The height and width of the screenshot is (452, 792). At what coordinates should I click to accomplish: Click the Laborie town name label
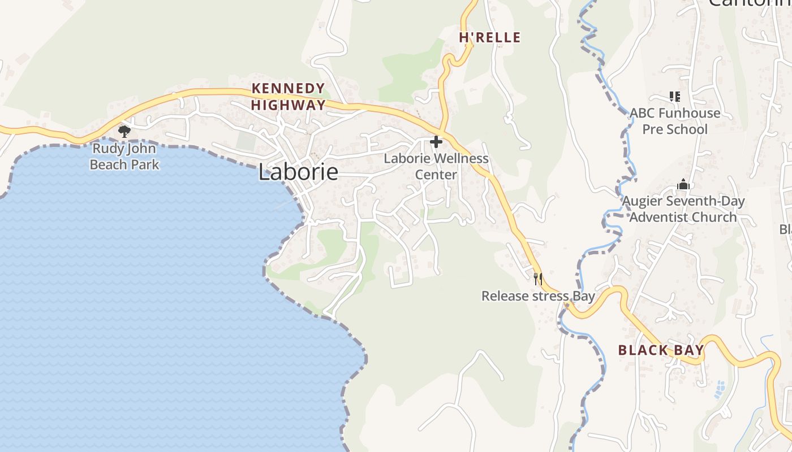[298, 172]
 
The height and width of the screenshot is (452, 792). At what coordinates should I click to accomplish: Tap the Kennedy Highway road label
[289, 97]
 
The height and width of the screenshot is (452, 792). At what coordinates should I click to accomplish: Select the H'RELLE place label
[489, 38]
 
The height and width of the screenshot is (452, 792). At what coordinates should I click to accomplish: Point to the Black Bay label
[661, 350]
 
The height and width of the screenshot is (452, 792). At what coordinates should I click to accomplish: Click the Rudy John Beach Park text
[124, 157]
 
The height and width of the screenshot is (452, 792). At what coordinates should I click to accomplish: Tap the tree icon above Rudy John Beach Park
[124, 132]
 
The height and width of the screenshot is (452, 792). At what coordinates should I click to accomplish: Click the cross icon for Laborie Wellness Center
[436, 142]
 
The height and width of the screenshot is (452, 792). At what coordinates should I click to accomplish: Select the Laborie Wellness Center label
[436, 166]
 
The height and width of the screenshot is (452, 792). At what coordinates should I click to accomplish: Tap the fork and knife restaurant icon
[538, 279]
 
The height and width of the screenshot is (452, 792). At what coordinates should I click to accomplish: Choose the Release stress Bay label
[538, 296]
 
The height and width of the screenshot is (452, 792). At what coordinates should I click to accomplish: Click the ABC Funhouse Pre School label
[675, 121]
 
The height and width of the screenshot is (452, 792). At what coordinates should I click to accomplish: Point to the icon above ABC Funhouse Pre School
[674, 97]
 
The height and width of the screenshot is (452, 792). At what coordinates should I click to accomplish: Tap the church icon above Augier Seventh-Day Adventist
[683, 184]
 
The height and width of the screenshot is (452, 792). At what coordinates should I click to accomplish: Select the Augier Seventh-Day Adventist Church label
[683, 209]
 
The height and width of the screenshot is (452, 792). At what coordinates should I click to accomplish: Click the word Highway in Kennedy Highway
[289, 105]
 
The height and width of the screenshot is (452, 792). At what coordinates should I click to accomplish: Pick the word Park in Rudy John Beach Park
[145, 165]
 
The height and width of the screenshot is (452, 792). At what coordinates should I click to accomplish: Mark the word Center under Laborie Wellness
[436, 175]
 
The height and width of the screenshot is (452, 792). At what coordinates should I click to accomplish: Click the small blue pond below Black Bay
[720, 389]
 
